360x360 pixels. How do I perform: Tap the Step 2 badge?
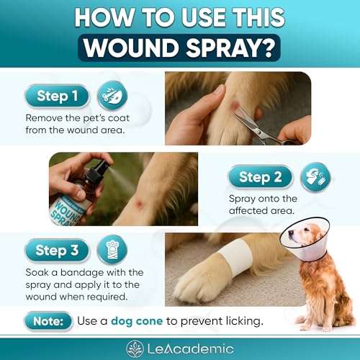(260, 177)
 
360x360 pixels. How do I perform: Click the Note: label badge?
(48, 320)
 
